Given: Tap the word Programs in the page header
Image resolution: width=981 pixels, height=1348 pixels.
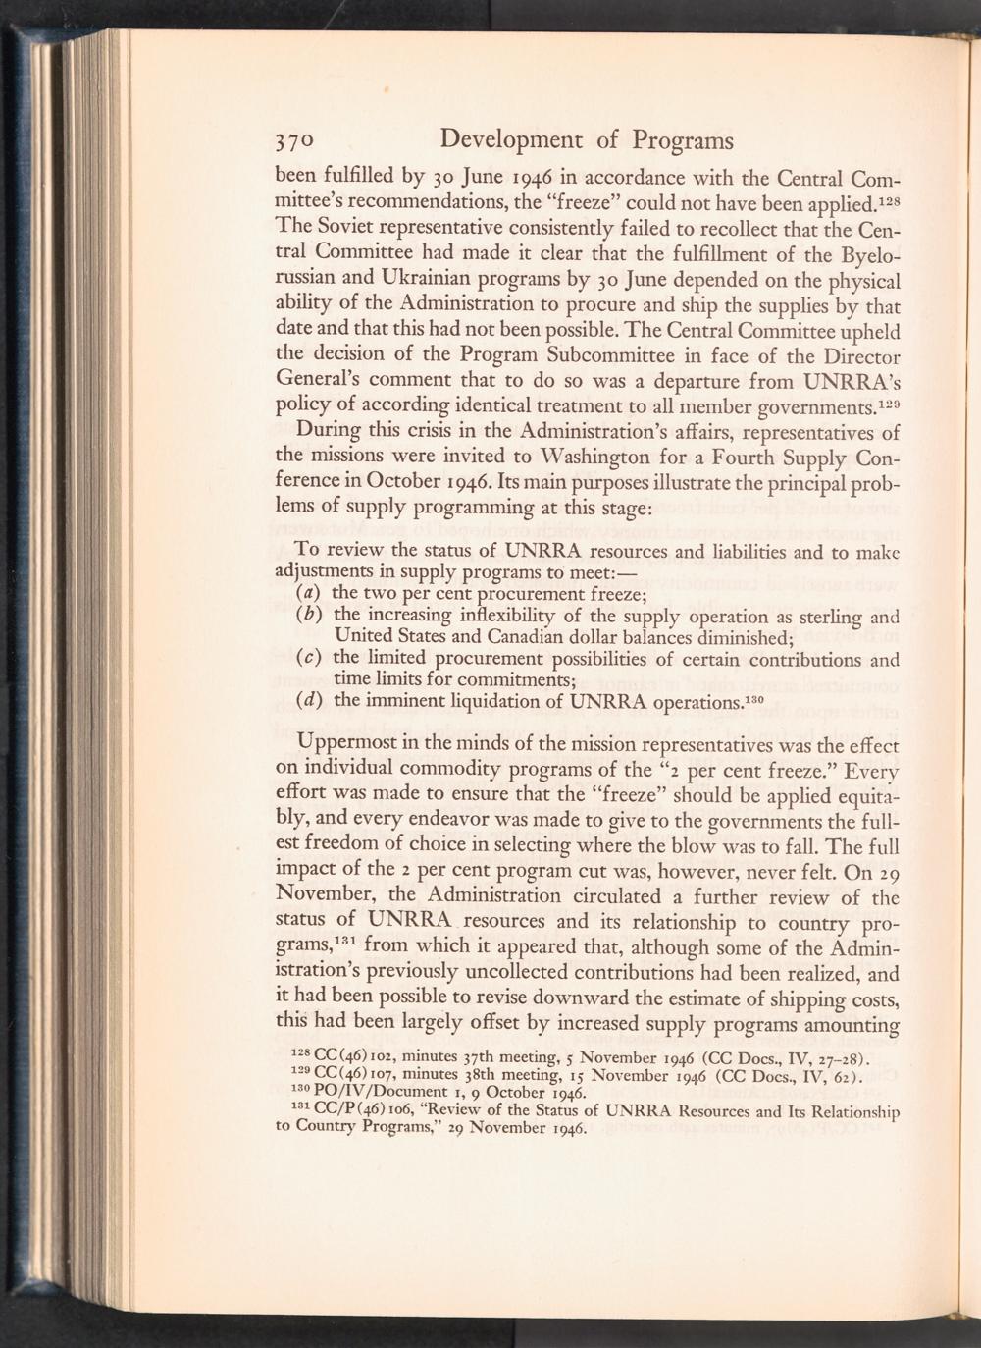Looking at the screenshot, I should [682, 139].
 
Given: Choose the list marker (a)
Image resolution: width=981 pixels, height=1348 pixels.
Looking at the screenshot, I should [311, 594].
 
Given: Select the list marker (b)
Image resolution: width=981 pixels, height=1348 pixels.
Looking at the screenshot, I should [311, 616].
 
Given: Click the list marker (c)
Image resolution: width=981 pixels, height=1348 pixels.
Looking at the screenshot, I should [311, 659].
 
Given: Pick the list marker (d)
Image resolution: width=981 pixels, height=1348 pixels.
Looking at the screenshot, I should [311, 701].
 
